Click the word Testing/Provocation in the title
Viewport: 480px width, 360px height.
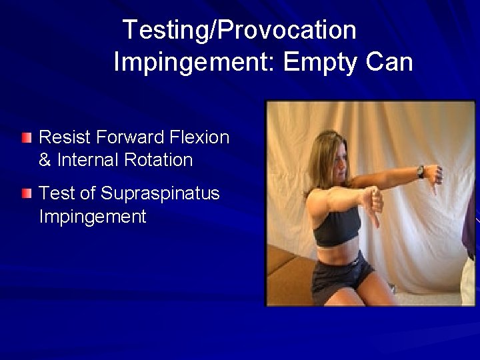240,30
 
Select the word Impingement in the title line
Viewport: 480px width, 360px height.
194,63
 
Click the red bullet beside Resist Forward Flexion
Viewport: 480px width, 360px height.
26,139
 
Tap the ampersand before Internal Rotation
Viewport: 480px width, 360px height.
47,160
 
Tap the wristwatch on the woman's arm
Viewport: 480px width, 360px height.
421,171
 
